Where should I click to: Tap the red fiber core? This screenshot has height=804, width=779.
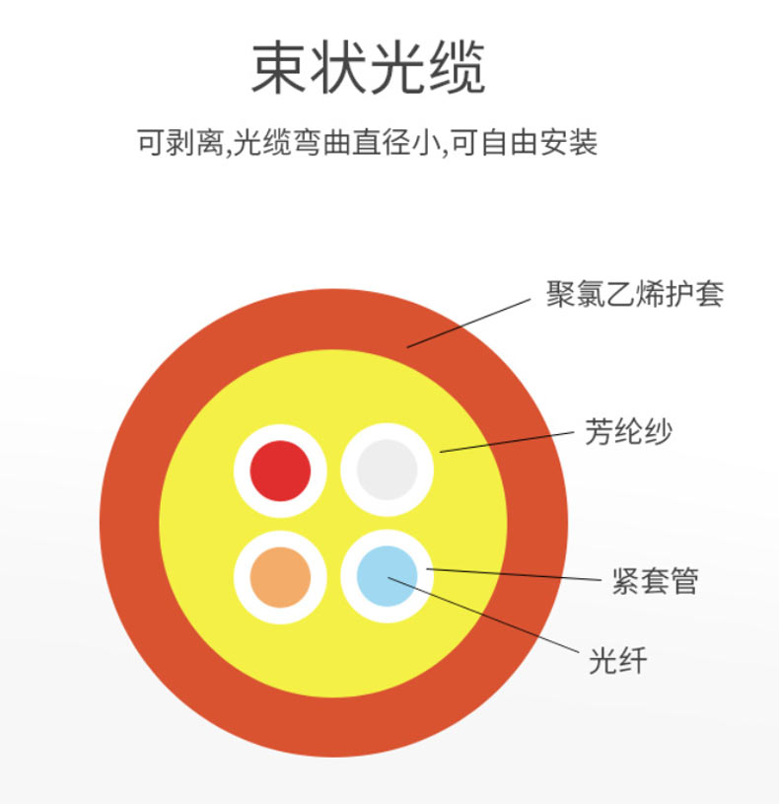pyautogui.click(x=280, y=470)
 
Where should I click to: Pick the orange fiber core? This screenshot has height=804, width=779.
pyautogui.click(x=280, y=576)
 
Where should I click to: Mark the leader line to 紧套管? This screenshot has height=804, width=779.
pyautogui.click(x=523, y=574)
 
